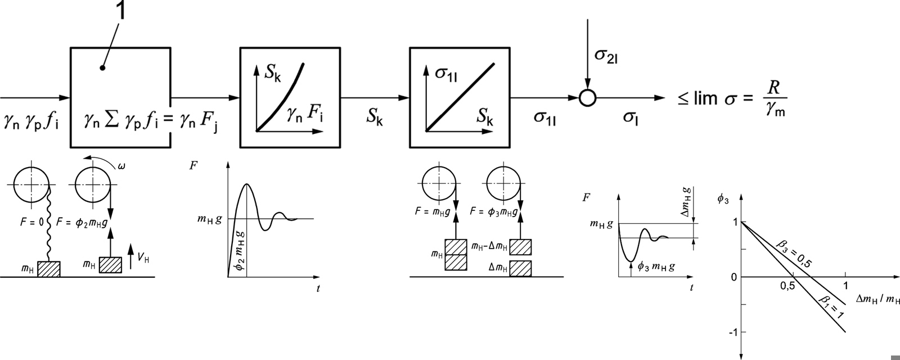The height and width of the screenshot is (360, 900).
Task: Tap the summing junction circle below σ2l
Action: pos(587,98)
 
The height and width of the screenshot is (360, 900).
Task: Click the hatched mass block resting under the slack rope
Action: pos(48,269)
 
